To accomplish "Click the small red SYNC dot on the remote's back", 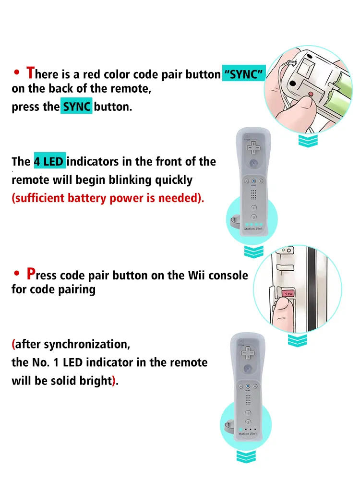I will [311, 94].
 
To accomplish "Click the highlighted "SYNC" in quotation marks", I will [244, 74].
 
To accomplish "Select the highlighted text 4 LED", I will [49, 162].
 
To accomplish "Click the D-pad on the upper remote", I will [252, 148].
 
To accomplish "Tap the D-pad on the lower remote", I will [248, 353].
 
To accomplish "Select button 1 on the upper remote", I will [253, 208].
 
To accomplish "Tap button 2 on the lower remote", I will [248, 421].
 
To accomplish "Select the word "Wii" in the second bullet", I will [197, 276].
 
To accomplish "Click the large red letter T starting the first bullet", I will [30, 73].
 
